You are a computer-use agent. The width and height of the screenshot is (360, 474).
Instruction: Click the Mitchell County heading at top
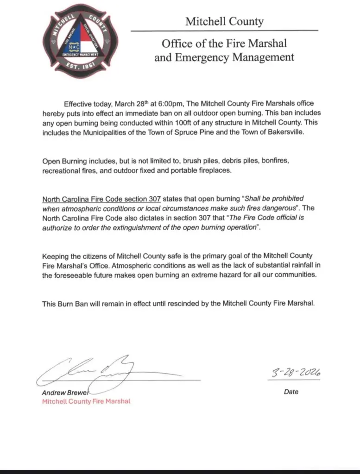click(224, 21)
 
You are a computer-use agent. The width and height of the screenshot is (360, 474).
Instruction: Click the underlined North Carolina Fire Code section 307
click(101, 199)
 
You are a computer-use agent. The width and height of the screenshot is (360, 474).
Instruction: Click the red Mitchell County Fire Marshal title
click(86, 401)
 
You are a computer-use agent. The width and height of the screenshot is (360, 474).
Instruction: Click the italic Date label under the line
click(291, 392)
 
